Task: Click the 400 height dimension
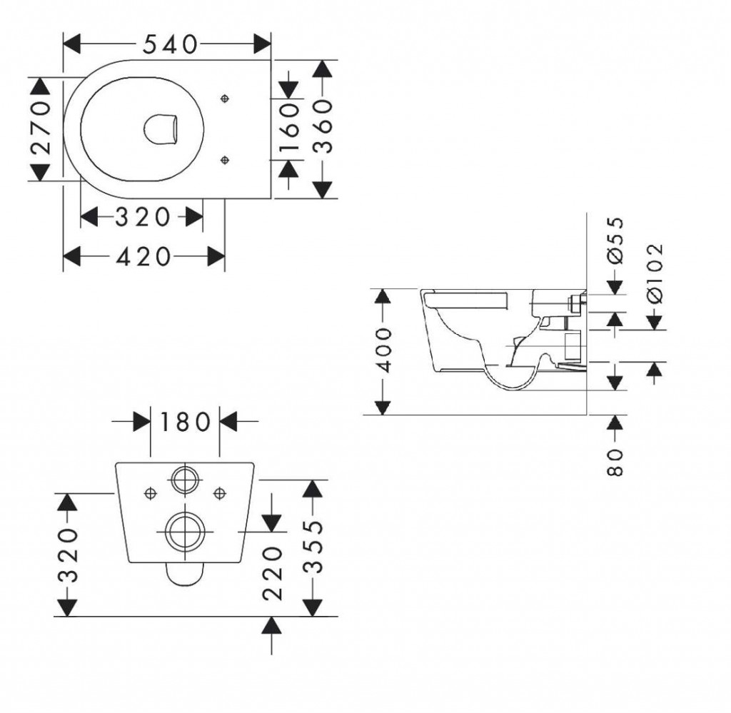[383, 351]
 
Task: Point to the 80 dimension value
[615, 462]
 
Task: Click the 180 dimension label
[184, 422]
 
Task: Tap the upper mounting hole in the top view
[225, 98]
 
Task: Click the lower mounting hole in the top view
[225, 160]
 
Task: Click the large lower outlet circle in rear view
[184, 531]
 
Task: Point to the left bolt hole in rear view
[151, 492]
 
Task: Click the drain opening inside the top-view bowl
[160, 129]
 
